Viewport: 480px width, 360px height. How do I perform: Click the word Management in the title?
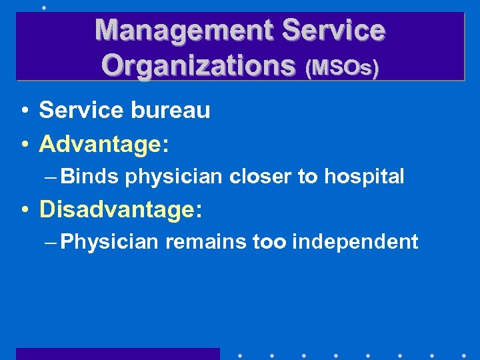click(184, 30)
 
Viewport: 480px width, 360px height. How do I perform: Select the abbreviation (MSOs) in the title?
click(341, 67)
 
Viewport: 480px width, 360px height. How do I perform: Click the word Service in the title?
click(334, 30)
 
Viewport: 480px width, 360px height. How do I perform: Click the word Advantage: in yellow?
click(103, 142)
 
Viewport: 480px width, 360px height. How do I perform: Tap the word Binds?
click(90, 176)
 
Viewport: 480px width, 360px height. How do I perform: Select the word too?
click(269, 241)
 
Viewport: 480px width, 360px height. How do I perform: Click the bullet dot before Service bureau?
click(23, 111)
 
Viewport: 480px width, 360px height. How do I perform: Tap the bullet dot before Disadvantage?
click(23, 210)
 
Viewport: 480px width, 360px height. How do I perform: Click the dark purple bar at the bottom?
click(117, 353)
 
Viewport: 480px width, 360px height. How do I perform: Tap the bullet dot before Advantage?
click(23, 143)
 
